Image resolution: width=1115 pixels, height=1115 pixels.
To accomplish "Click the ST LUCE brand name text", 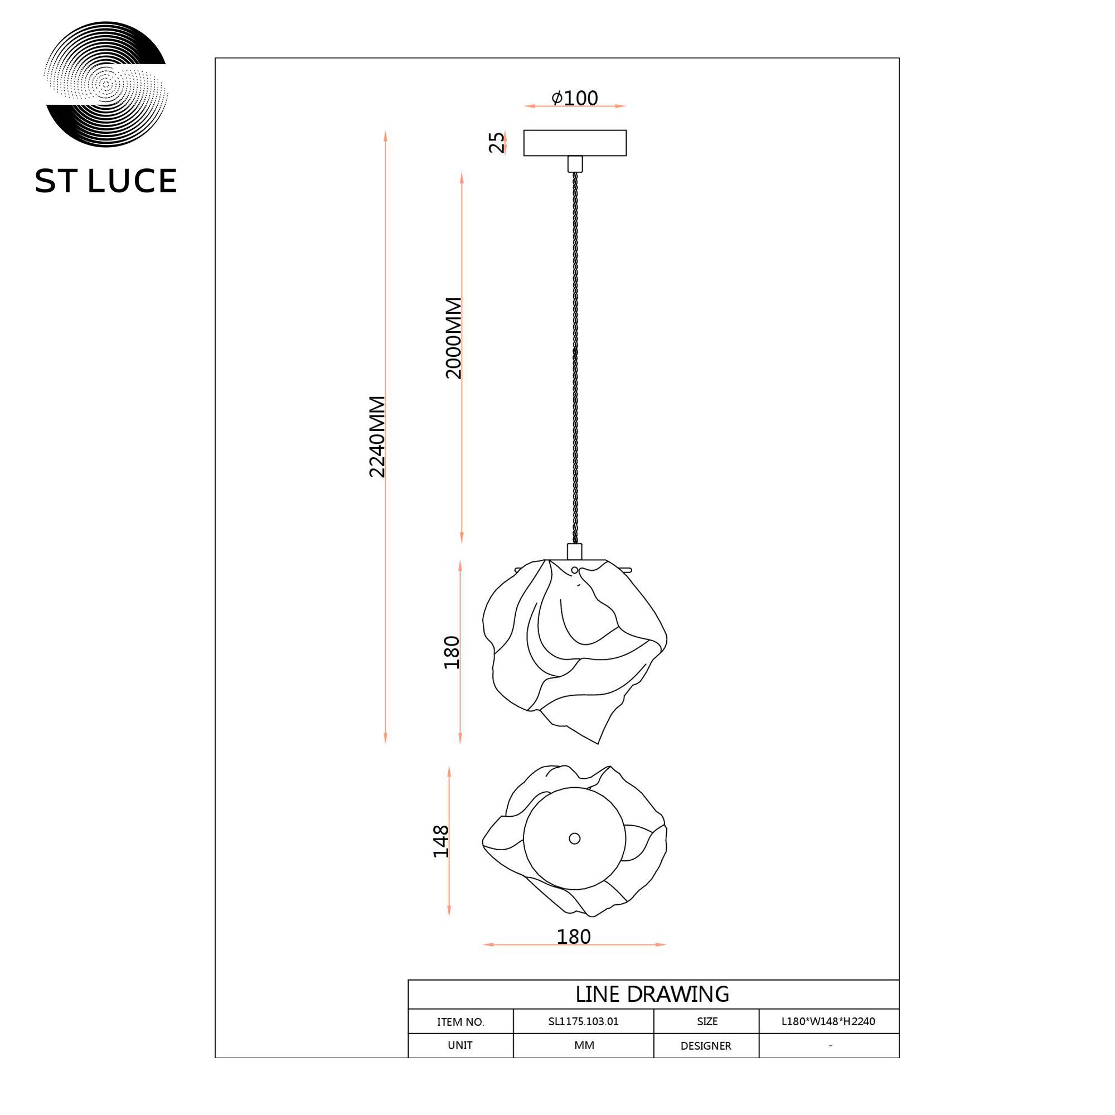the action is coord(105,181).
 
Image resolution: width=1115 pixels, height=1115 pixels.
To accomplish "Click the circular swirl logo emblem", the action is coord(105,84).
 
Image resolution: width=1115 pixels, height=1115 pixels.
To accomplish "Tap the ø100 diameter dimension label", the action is coord(575,98).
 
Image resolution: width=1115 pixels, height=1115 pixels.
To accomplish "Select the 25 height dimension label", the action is coord(496,143).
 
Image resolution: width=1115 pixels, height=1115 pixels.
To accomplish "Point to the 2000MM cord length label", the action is coord(454,338).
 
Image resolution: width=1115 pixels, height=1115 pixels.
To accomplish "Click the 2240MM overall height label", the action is coord(377,437).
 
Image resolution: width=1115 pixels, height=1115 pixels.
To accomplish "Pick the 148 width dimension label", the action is coord(441,841).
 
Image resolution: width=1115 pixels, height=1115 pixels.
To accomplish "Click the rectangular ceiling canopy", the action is coord(575,143).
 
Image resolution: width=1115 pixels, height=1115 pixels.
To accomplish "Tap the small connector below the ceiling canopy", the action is coord(575,164).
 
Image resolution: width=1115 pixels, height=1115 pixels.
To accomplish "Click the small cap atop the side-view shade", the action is coord(575,552).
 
